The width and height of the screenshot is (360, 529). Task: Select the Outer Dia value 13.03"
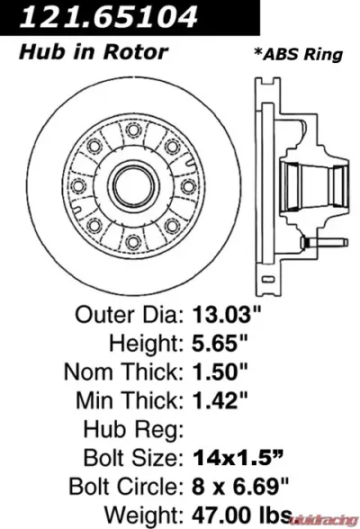231,318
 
